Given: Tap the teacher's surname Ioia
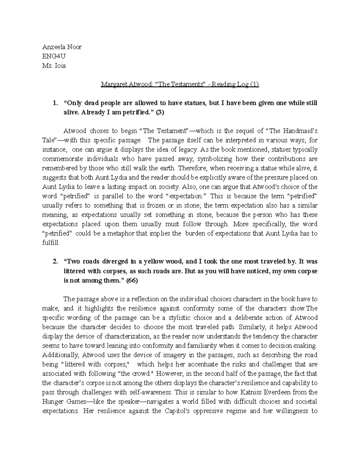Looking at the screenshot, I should click(60, 66).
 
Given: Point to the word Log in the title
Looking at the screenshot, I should click(242, 84).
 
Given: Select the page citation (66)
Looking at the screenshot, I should click(132, 280).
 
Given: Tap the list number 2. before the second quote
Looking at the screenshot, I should click(55, 262).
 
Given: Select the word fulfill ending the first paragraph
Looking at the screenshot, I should click(51, 243).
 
